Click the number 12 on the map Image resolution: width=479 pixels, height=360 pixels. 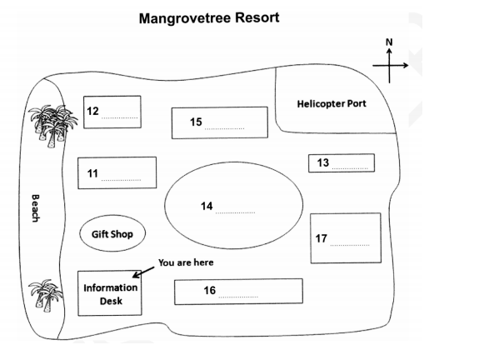click(93, 111)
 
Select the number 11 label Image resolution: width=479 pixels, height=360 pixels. click(93, 173)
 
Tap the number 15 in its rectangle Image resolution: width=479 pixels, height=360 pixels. click(196, 122)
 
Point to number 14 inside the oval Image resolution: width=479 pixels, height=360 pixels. click(207, 206)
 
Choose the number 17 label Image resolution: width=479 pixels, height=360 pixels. click(322, 239)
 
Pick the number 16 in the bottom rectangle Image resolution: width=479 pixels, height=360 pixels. click(210, 291)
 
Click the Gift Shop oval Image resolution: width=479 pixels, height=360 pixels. click(112, 234)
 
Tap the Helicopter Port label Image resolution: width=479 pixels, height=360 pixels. click(332, 104)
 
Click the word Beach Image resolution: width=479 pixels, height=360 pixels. click(36, 207)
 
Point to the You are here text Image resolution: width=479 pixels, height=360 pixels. click(186, 262)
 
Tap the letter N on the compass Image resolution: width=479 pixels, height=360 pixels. click(387, 41)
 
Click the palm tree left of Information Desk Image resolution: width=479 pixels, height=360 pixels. click(43, 295)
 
